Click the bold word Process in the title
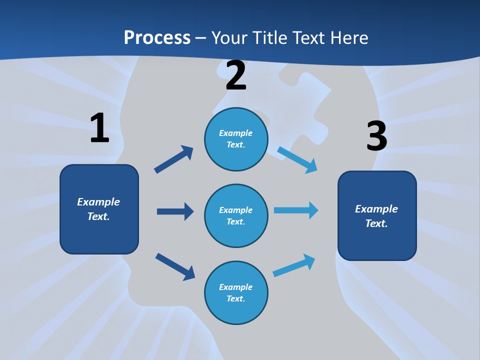[157, 38]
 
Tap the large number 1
[99, 128]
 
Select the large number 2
[236, 75]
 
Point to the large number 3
[376, 136]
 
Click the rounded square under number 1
[99, 209]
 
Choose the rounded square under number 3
[377, 215]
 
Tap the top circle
[236, 139]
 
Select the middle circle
[236, 215]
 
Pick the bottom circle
[236, 292]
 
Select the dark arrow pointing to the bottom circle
[175, 266]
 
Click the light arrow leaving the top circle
[297, 159]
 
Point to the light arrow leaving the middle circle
[296, 210]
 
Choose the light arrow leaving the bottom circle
[294, 265]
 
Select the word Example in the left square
[98, 202]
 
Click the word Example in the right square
[376, 209]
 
